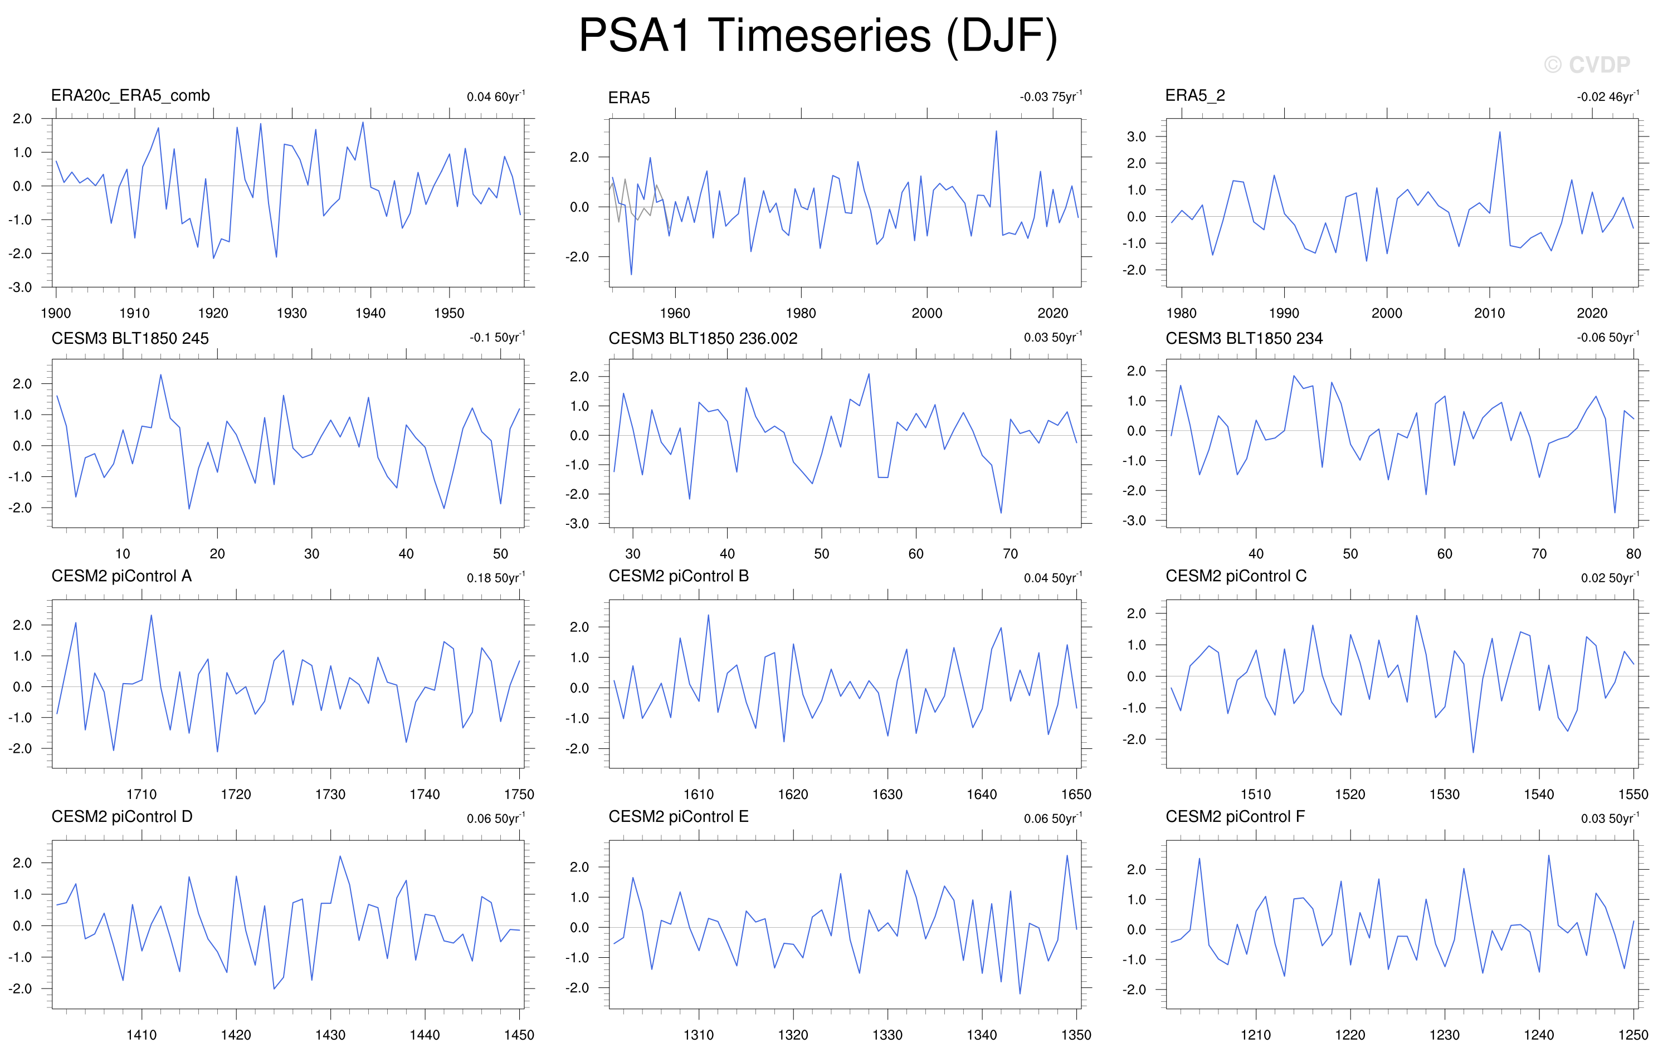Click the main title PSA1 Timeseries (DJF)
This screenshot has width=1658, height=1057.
click(x=817, y=36)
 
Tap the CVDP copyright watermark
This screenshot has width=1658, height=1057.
click(x=1587, y=65)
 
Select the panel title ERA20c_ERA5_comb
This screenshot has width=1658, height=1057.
click(x=130, y=96)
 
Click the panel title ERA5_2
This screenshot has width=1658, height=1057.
click(x=1194, y=96)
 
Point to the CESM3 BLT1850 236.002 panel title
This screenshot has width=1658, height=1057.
click(x=703, y=338)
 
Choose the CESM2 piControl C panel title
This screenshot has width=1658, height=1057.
click(x=1235, y=576)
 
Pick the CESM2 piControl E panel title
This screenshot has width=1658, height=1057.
click(x=677, y=817)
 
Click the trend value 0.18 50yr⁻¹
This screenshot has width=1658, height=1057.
click(x=496, y=577)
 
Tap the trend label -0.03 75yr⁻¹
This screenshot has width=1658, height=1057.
click(x=1051, y=96)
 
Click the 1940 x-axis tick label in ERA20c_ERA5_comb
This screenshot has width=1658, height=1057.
click(x=370, y=313)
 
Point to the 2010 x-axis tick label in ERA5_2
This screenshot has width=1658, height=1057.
click(x=1489, y=313)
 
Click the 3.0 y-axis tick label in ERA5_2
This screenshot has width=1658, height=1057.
click(x=1136, y=137)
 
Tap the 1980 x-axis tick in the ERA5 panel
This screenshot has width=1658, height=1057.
click(x=801, y=313)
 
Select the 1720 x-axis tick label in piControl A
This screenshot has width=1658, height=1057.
click(x=236, y=794)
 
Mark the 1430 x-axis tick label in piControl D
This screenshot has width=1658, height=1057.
click(x=330, y=1034)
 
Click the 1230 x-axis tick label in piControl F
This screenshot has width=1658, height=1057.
click(x=1444, y=1034)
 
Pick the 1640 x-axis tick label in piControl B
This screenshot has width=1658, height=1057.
click(x=981, y=794)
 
